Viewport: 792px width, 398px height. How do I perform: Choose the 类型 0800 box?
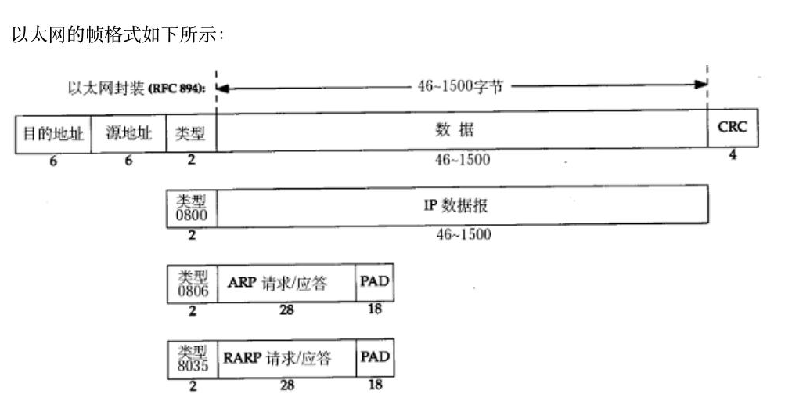pos(192,206)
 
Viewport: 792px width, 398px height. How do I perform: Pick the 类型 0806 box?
pos(192,284)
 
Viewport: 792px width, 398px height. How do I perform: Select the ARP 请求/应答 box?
pos(286,284)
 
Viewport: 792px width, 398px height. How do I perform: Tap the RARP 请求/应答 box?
pos(286,359)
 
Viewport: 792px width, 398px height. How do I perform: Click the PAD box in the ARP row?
pos(374,282)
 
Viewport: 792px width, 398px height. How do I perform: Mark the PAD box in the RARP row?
pos(374,357)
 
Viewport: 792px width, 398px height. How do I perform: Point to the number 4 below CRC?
pos(733,155)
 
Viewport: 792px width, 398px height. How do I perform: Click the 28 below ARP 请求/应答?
pos(286,310)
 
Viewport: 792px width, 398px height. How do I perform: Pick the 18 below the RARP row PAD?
pos(374,385)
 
